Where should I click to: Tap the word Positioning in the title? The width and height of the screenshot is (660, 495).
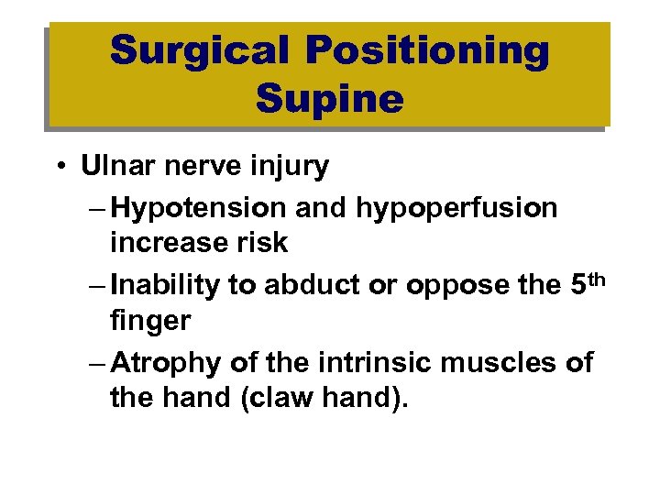428,51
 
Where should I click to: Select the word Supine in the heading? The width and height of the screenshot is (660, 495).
330,98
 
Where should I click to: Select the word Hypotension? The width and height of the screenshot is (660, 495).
197,208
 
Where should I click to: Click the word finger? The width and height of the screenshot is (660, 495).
148,321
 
